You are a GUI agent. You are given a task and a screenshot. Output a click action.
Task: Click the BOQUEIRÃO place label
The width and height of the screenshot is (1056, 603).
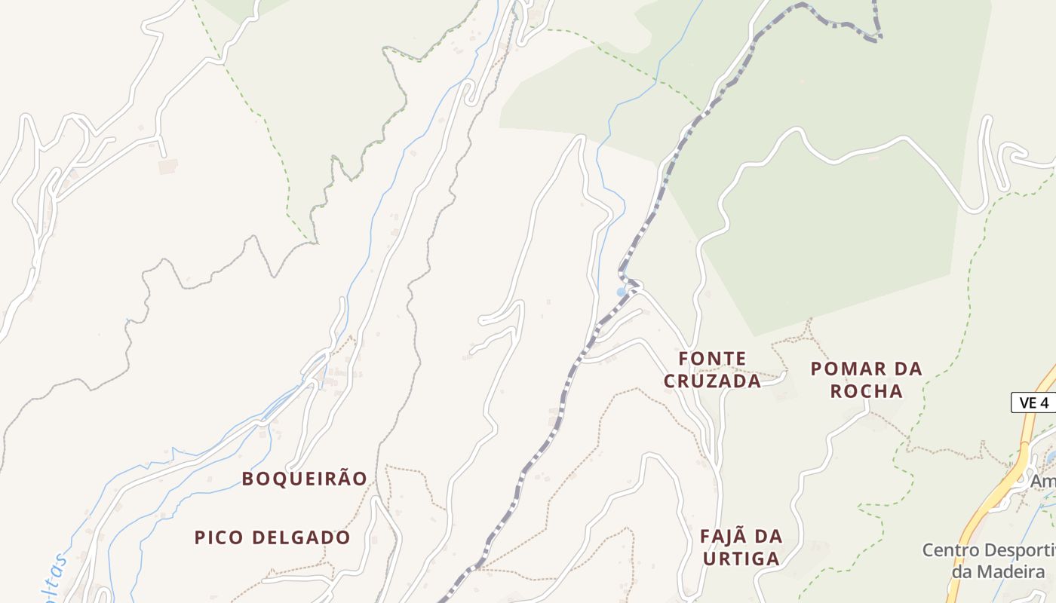coord(304,479)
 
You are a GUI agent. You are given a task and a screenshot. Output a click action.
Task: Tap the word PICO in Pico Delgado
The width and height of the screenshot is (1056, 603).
coord(219,537)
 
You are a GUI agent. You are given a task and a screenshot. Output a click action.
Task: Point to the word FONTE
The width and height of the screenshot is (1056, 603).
coord(713,359)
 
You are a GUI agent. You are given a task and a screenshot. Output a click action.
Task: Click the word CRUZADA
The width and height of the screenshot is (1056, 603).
coord(713,381)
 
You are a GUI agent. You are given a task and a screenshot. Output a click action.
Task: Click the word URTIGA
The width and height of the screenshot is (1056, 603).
coord(741,559)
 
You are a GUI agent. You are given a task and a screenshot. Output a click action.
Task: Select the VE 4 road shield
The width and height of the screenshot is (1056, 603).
coord(1033,403)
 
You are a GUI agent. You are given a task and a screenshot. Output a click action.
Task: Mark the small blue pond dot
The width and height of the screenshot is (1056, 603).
coord(621,292)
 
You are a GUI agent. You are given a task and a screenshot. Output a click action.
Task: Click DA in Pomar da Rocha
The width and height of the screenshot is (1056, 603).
coord(907,369)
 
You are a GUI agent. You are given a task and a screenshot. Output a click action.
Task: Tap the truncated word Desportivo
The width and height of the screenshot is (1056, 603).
coord(1021,550)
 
